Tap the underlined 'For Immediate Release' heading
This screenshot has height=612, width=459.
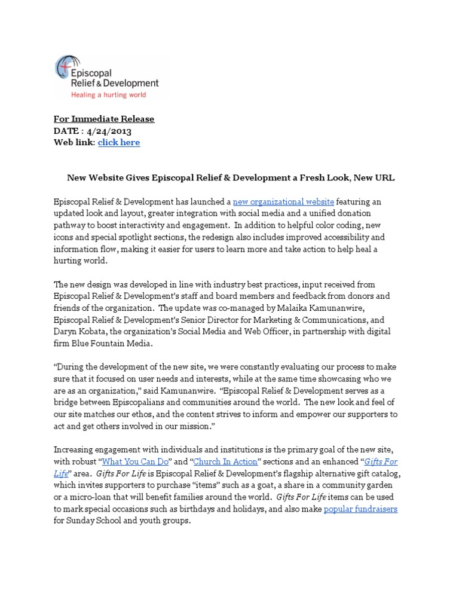coord(104,119)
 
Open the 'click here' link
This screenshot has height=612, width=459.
coord(119,142)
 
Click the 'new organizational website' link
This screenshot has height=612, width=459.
coord(283,202)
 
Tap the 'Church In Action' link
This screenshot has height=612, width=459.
coord(226,462)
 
